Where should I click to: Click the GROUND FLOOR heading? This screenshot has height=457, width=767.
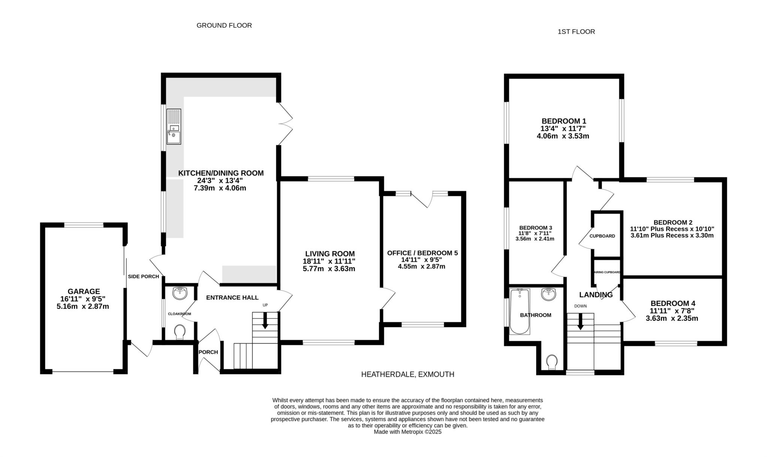pos(224,25)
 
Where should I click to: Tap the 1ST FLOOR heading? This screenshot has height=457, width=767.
pos(576,32)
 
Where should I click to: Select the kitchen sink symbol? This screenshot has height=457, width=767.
pos(174,127)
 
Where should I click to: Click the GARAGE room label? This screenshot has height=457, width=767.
pos(84,291)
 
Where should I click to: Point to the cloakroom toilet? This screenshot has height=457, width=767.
pos(180,332)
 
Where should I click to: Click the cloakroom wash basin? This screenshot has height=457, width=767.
pos(180,293)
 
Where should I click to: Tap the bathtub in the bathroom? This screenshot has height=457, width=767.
pos(520,311)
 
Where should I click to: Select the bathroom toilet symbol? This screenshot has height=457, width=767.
pos(552,362)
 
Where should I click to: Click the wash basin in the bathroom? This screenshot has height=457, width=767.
pos(549,294)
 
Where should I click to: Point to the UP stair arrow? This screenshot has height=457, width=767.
pos(265,321)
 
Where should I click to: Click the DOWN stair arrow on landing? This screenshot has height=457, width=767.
pos(580,322)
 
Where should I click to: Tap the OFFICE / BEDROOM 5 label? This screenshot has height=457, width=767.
pos(422,253)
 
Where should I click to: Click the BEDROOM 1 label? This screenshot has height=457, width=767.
pos(564,121)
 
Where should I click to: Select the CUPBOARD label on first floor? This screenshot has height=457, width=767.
pos(602,236)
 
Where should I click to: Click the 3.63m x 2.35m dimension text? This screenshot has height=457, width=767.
pos(672,319)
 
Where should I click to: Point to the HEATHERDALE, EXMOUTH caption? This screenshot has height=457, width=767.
pos(407,374)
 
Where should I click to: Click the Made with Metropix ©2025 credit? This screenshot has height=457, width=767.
pos(408,432)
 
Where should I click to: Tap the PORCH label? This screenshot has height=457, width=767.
pos(208,352)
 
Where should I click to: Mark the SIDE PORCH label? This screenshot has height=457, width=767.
pos(143,277)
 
